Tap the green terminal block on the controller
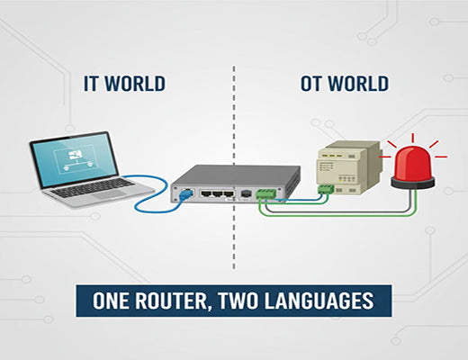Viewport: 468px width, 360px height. point(323,189)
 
